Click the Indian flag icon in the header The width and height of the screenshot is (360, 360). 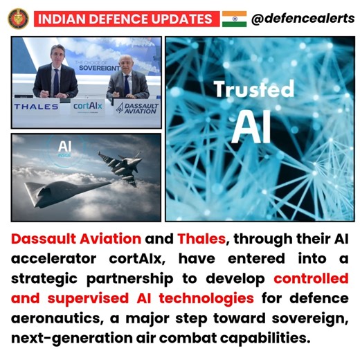pyautogui.click(x=234, y=18)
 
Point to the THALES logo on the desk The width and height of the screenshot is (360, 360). pyautogui.click(x=36, y=107)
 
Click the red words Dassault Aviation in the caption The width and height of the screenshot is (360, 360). pyautogui.click(x=76, y=240)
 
